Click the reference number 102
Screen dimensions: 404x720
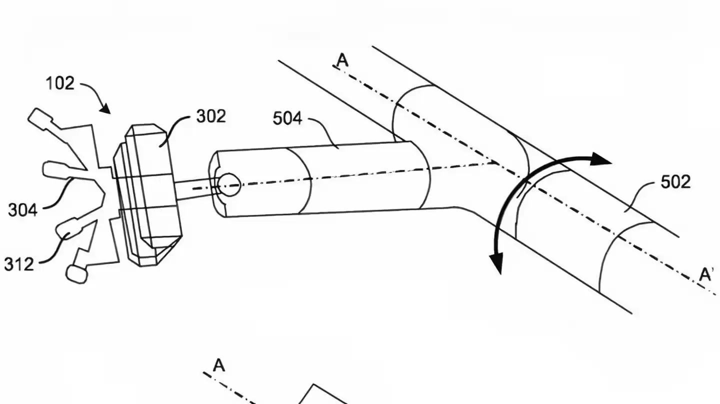[x=60, y=83]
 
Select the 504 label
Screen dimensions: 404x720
[x=287, y=119]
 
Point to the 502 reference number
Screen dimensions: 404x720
[x=675, y=182]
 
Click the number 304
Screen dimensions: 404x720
[x=22, y=210]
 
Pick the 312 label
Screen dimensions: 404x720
[x=19, y=264]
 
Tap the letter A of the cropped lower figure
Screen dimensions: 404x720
[x=218, y=366]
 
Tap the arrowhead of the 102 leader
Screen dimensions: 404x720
[x=106, y=109]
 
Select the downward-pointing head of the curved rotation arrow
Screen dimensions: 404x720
[x=496, y=263]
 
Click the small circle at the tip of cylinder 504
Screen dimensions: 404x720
[x=229, y=184]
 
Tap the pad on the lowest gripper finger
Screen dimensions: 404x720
[x=76, y=274]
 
